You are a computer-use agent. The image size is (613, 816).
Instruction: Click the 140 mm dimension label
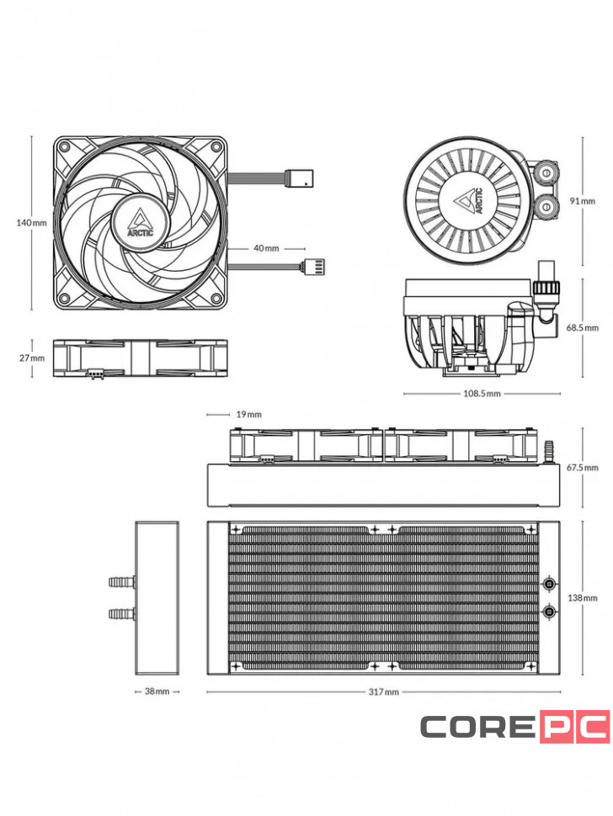pos(32,223)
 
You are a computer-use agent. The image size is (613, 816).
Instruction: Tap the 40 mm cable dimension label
pos(265,249)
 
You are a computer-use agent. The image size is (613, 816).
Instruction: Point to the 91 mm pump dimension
pos(583,201)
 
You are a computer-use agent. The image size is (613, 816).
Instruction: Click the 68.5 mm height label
pos(582,327)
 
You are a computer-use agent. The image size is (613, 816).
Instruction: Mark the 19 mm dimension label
pos(248,414)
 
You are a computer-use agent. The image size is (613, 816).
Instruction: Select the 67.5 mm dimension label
pos(582,467)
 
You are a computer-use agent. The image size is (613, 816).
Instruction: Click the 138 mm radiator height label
pos(583,597)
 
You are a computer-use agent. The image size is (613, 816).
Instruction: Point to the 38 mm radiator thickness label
pos(157,691)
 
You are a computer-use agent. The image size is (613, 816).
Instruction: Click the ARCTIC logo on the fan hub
pos(141,220)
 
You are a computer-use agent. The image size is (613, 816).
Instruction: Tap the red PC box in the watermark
pos(574,726)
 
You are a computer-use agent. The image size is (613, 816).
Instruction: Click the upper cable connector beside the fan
pos(301,178)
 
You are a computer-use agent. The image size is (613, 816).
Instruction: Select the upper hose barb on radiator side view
pos(121,581)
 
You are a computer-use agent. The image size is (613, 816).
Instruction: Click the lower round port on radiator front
pos(550,612)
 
